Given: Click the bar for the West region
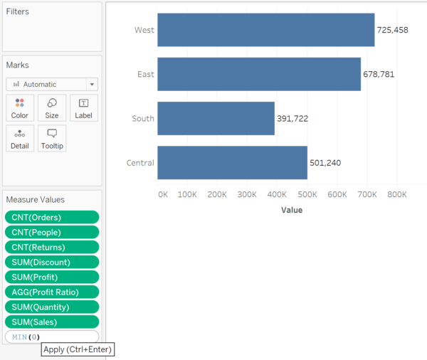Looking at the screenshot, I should (265, 30).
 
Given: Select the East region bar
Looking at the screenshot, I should (259, 74).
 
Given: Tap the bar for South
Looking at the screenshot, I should (216, 118).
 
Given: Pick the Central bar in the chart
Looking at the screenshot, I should (232, 163).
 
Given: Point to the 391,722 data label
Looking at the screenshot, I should (292, 119).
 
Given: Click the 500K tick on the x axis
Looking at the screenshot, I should (307, 194).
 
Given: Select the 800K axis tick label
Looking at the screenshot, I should (396, 194).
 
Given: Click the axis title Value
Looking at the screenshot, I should (291, 210).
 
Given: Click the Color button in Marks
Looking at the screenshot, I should (20, 108).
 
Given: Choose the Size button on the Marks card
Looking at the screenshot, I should (52, 108).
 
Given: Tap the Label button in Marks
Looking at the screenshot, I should (84, 108).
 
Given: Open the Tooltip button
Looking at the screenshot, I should (52, 139).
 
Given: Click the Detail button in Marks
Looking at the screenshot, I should (20, 139).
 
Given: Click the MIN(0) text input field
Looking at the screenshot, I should (52, 337).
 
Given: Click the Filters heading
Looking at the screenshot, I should (18, 12).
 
